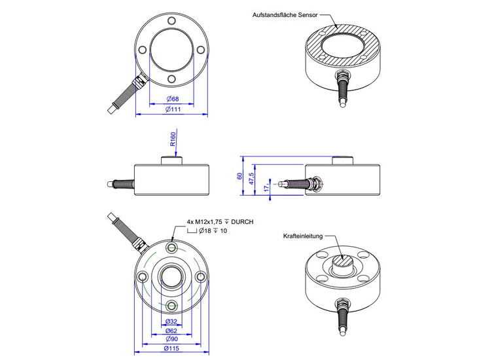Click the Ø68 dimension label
(172, 99)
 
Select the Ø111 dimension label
(173, 109)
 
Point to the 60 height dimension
(240, 176)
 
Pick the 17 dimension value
(266, 188)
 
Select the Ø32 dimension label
(172, 322)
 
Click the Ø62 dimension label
(172, 331)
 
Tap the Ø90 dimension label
(172, 339)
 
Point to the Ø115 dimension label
(172, 349)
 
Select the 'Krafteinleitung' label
(303, 236)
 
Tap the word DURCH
(240, 221)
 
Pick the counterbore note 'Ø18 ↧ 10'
(213, 231)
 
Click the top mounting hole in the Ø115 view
(172, 247)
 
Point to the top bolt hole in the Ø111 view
(172, 22)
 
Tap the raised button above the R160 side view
(172, 160)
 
